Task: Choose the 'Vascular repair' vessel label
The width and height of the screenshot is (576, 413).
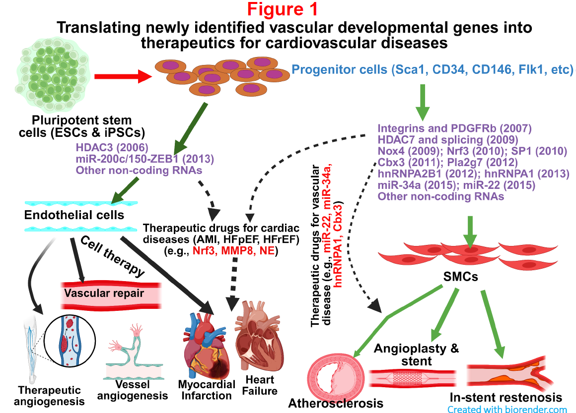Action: click(x=104, y=293)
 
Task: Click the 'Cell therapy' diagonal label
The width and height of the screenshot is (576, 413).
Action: click(x=113, y=256)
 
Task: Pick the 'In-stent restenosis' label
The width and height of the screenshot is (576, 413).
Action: click(x=505, y=398)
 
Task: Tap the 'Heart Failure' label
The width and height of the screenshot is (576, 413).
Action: click(x=260, y=386)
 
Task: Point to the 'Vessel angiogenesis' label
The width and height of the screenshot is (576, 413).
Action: click(x=133, y=390)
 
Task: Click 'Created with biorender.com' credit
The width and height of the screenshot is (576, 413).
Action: click(x=507, y=410)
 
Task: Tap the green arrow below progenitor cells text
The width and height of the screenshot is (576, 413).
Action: click(x=422, y=101)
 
